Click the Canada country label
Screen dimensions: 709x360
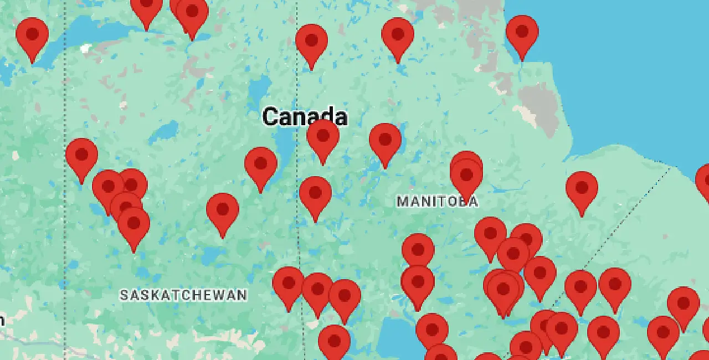click(305, 117)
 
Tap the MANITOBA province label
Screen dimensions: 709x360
click(437, 202)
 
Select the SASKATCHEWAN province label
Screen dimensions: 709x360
click(183, 295)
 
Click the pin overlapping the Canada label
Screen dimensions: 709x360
click(323, 136)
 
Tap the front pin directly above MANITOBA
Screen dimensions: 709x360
click(466, 176)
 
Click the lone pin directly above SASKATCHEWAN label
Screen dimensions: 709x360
click(223, 210)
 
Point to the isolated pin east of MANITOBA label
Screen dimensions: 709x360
click(582, 188)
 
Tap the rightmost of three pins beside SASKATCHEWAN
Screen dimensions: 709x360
click(345, 296)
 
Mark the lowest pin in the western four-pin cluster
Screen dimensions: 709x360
click(133, 224)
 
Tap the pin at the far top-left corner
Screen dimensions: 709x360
click(32, 34)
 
